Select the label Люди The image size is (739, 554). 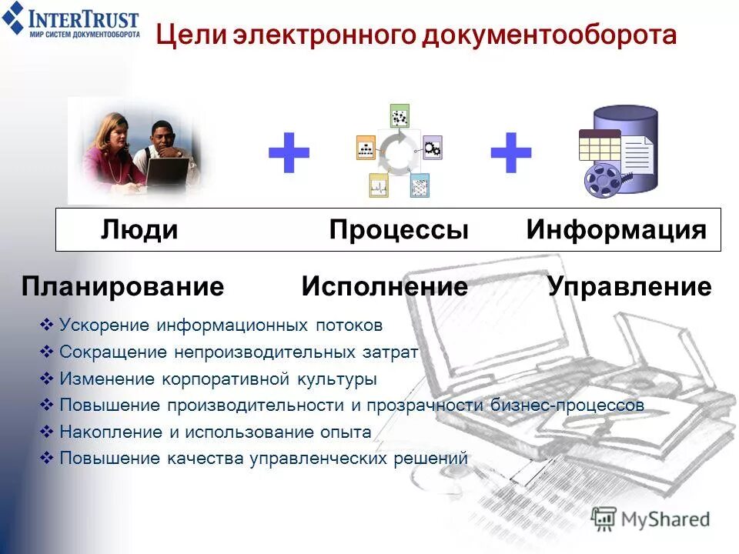point(139,229)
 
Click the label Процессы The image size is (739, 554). point(399,229)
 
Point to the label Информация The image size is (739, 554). point(616,229)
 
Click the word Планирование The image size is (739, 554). point(122,287)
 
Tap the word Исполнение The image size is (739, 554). point(384,287)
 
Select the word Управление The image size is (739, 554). point(630,287)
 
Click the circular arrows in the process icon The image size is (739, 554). point(399,152)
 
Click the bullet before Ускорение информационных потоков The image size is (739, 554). point(45,325)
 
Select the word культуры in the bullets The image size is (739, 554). point(339,379)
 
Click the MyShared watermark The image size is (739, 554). point(650,519)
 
